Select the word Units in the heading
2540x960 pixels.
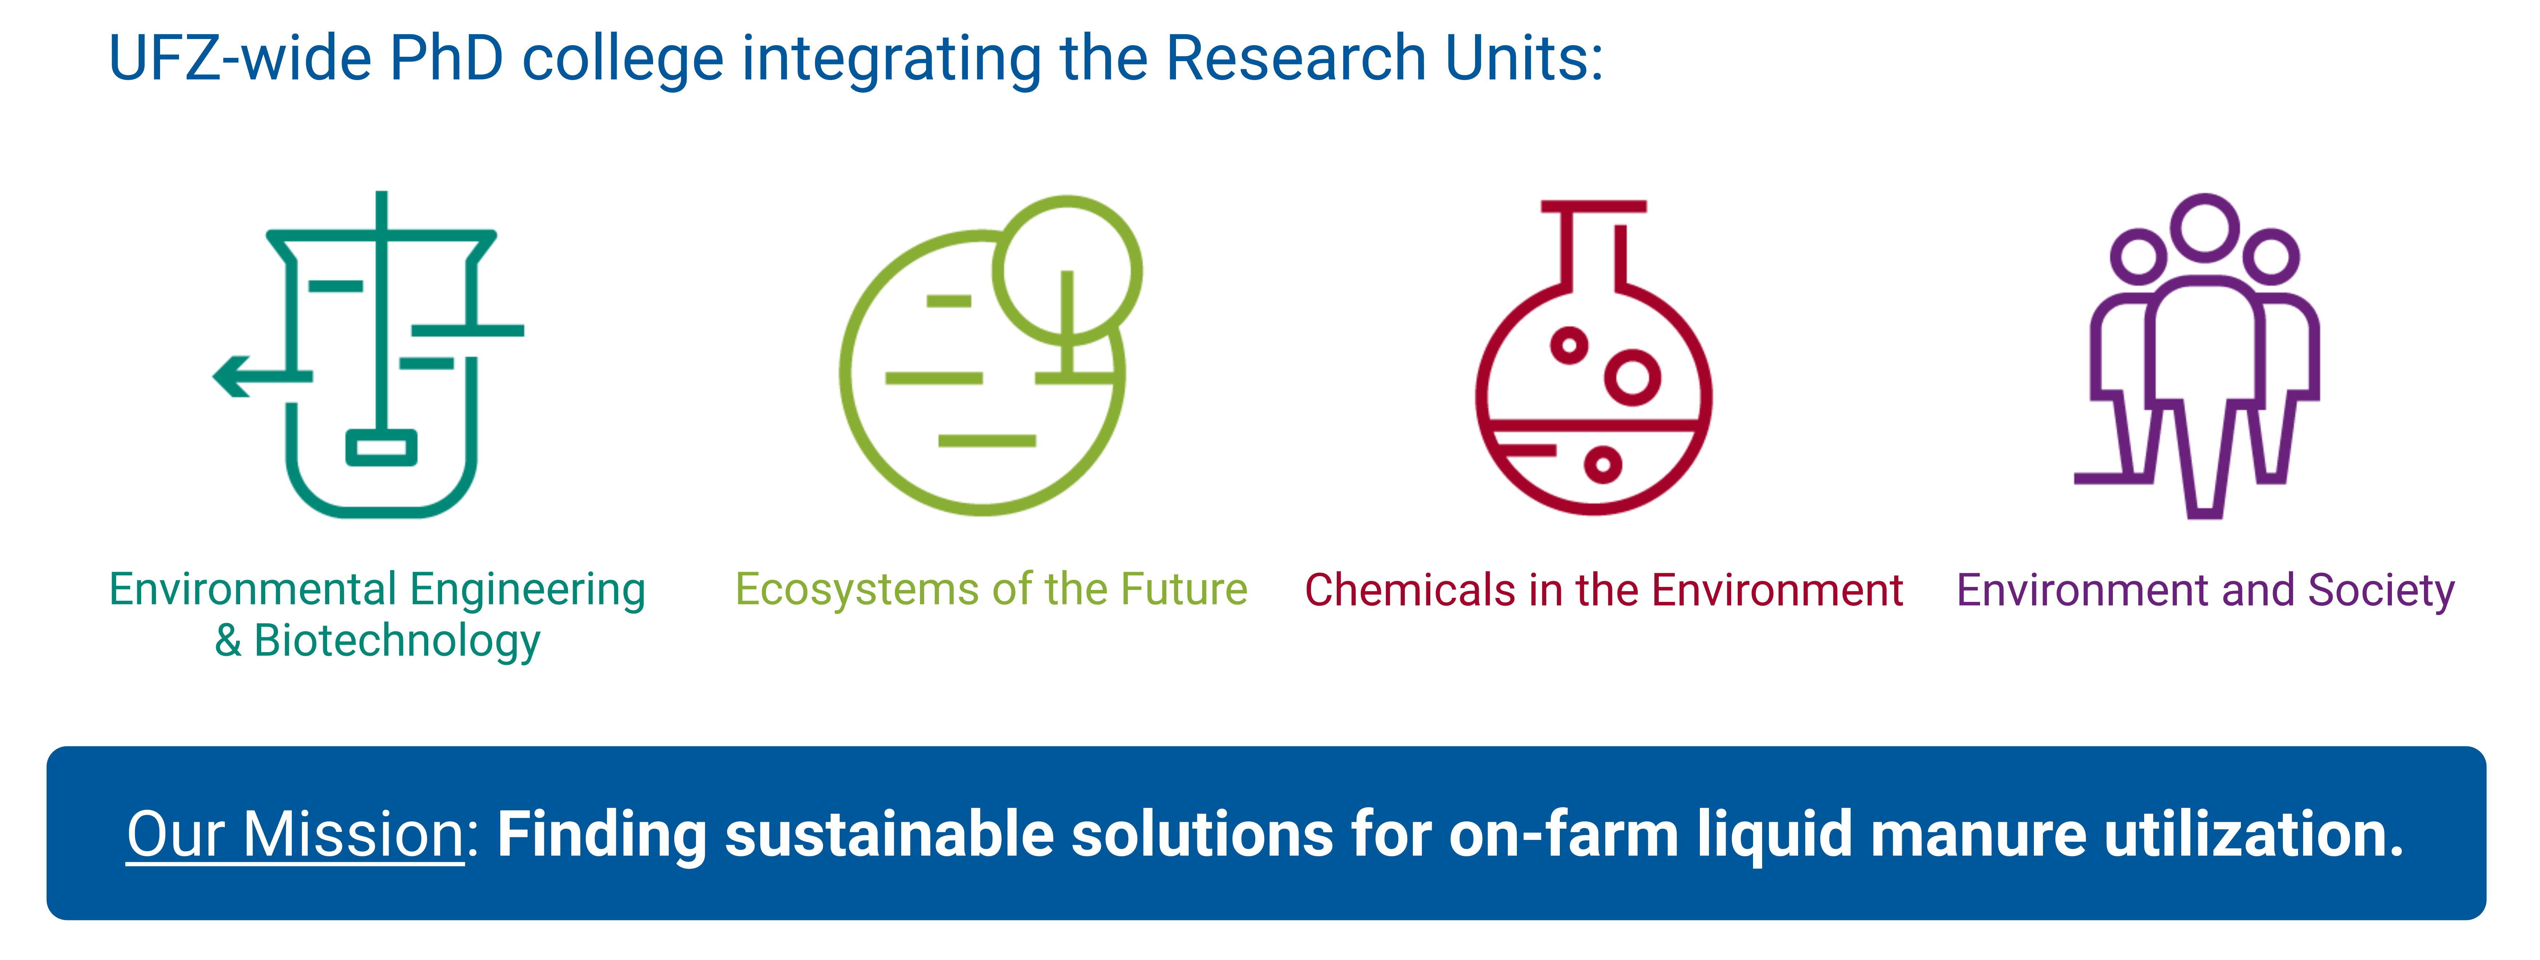coord(1523,57)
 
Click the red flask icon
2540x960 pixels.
coord(1593,357)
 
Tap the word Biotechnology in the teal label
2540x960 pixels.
coord(397,641)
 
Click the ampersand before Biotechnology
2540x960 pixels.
coord(228,640)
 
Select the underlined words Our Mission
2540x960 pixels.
coord(295,835)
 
